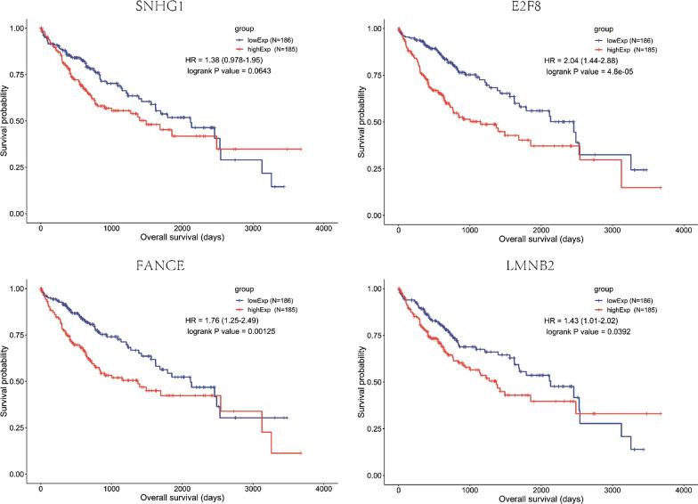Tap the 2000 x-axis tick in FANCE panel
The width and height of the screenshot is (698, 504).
[182, 488]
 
